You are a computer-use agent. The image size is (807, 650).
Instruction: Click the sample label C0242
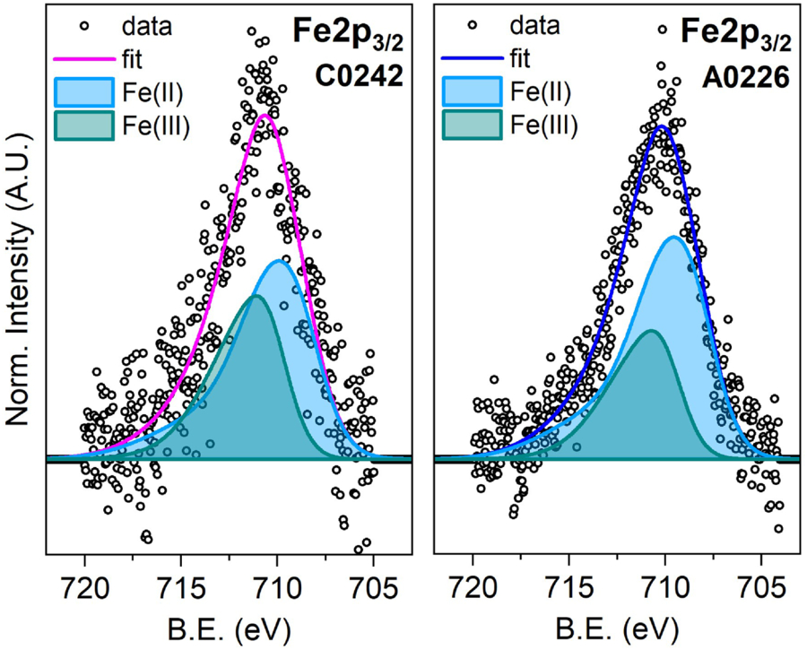coord(358,78)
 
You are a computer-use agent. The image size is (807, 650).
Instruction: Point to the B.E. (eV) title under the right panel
coord(616,624)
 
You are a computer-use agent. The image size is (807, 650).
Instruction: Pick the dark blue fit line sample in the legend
coord(467,60)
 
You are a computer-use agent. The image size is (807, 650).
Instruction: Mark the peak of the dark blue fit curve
coord(661,126)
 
